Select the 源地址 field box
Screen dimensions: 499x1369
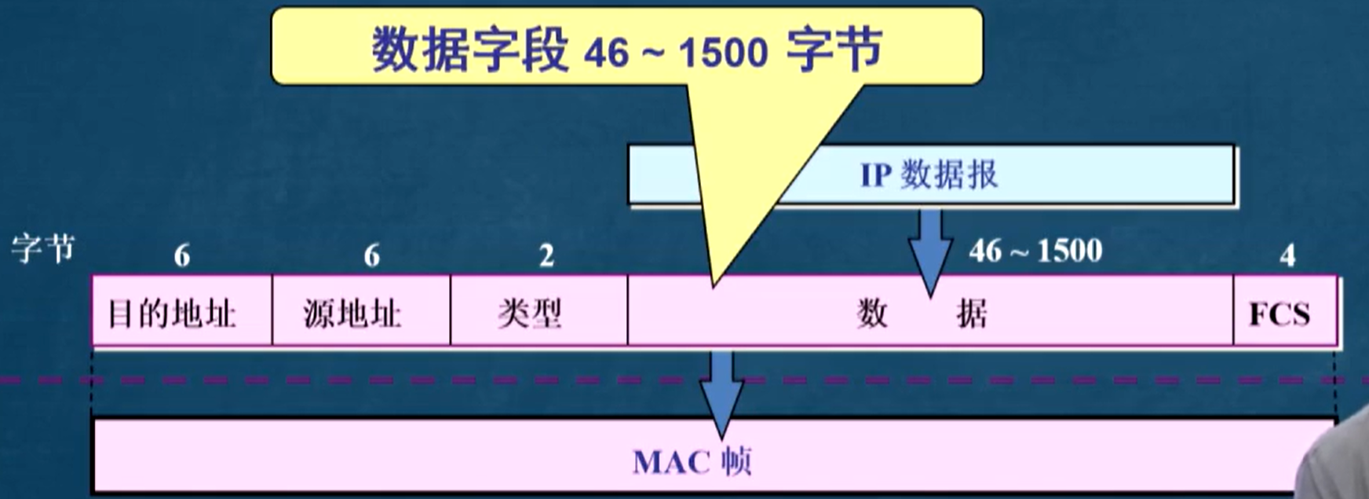click(x=360, y=312)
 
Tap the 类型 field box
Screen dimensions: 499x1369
click(x=538, y=312)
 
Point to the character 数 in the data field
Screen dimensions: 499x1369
click(x=872, y=314)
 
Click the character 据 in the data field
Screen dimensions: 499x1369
click(x=972, y=314)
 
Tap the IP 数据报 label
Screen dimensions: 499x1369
click(x=929, y=174)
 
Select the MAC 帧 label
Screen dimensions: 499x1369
click(x=692, y=461)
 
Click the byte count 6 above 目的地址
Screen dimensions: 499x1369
click(x=181, y=255)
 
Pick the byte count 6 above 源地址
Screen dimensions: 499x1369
click(x=371, y=255)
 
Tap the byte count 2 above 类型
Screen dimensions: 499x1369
click(x=546, y=255)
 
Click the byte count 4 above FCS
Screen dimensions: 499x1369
click(x=1287, y=255)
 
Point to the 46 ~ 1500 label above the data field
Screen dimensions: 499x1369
click(x=1035, y=251)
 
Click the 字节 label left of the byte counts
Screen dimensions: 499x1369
click(x=42, y=249)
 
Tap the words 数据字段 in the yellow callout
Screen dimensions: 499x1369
click(x=469, y=50)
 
